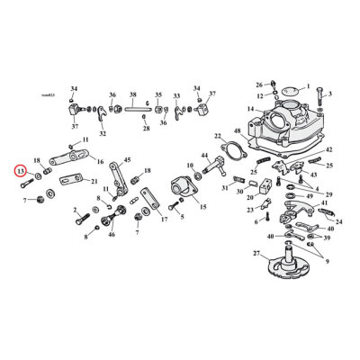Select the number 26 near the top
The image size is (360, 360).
click(x=258, y=83)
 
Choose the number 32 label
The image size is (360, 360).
click(x=103, y=134)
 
